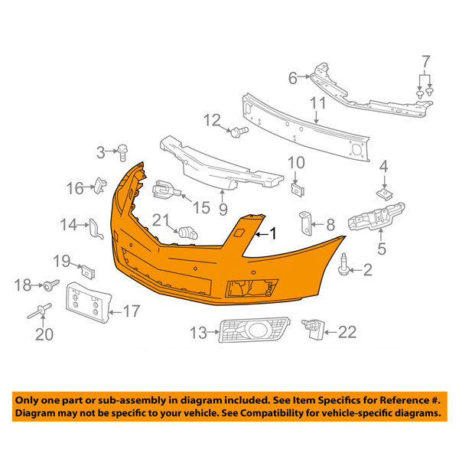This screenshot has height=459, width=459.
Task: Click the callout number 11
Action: (318, 103)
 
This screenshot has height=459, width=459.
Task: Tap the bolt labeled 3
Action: (122, 152)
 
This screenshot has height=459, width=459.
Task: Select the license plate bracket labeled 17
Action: (89, 303)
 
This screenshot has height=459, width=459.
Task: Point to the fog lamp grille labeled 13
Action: (255, 330)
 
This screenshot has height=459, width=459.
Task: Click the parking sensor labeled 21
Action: (188, 233)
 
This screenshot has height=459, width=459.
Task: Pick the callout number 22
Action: (347, 332)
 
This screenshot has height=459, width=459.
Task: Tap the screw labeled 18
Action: (51, 285)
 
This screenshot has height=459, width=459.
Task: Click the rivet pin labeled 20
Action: (40, 311)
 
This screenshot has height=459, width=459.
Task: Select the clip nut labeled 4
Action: (384, 194)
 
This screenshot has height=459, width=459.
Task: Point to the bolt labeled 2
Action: (343, 264)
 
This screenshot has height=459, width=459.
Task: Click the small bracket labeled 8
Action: (305, 223)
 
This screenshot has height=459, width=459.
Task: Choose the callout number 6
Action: (293, 78)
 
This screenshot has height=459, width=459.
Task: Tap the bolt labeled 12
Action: (239, 132)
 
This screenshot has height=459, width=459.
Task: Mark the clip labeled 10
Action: (298, 189)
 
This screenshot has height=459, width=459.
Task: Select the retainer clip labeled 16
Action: (99, 185)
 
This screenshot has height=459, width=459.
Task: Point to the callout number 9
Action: (223, 209)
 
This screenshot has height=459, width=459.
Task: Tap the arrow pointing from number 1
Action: (262, 235)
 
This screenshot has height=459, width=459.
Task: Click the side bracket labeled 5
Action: (376, 216)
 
